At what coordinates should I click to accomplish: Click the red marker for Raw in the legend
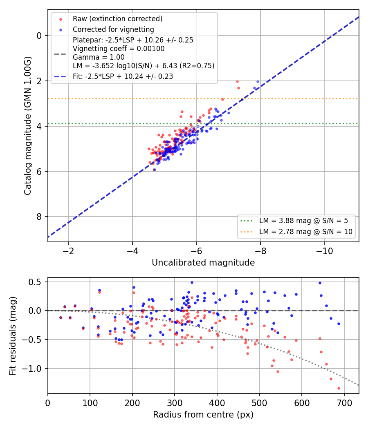pos(61,19)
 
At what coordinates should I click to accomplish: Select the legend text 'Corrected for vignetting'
pos(113,29)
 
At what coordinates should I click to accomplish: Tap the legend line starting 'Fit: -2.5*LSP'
pos(123,76)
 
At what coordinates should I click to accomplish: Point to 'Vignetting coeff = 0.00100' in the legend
pos(119,49)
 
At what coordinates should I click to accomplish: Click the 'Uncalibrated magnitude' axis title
pos(203,263)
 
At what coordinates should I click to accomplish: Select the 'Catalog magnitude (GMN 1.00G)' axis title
pos(28,126)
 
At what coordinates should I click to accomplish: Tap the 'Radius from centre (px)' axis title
pos(203,415)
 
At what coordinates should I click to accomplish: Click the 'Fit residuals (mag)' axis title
pos(13,336)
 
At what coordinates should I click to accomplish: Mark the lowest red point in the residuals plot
pos(339,388)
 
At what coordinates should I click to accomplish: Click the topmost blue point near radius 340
pos(192,283)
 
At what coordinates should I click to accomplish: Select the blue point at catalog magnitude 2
pos(258,82)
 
